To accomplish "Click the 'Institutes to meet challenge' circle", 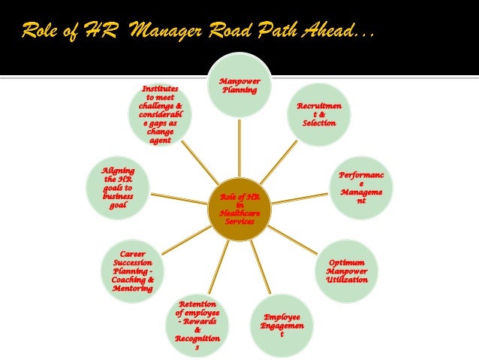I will pyautogui.click(x=160, y=114).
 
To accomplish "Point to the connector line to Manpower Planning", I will pyautogui.click(x=239, y=150).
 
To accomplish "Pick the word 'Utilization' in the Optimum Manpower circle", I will pyautogui.click(x=347, y=280).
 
